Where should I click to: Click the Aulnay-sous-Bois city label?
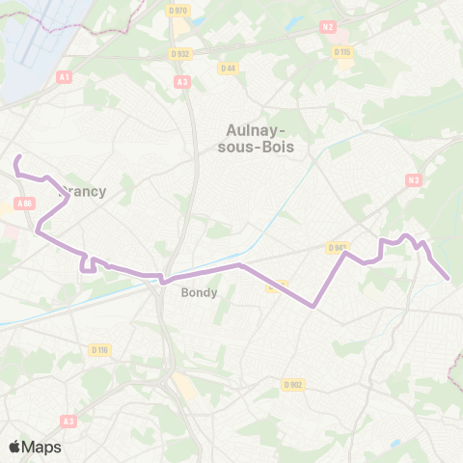258,137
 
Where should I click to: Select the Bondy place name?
200,292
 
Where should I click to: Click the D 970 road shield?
177,10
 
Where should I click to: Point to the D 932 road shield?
178,54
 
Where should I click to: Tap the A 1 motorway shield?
65,75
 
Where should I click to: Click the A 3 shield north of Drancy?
182,82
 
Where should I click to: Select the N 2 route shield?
328,27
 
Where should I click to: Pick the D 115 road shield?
341,52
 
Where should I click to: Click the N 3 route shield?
414,180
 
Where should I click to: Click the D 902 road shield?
293,384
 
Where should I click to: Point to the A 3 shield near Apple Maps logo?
68,421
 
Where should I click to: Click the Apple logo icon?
14,447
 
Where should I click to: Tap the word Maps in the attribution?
41,447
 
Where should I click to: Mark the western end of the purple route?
16,156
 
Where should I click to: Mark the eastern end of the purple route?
449,280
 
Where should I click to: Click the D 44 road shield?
228,68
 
